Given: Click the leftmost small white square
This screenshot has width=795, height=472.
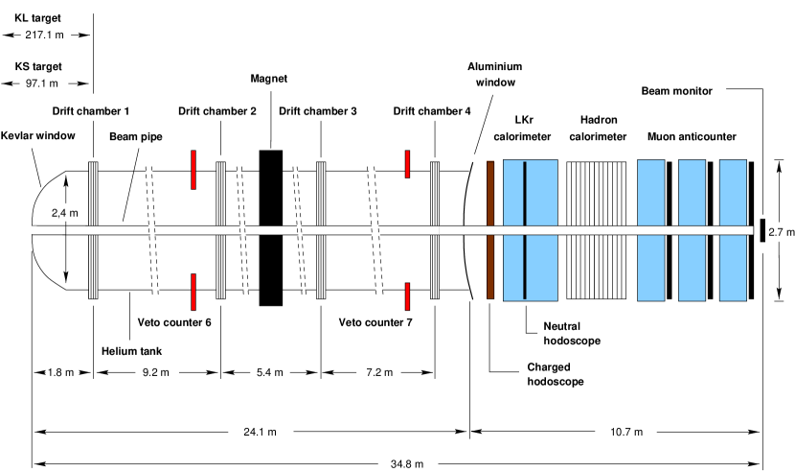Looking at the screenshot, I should click(x=32, y=230).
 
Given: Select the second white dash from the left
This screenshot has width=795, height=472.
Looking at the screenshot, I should click(x=93, y=230).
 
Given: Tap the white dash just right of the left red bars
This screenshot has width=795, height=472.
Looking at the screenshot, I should click(x=220, y=230).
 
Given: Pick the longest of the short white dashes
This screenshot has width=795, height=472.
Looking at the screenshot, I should click(x=271, y=230).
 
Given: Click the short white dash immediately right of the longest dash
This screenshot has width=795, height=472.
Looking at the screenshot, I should click(x=321, y=230).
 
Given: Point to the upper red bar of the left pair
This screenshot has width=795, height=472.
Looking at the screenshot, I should click(x=193, y=170).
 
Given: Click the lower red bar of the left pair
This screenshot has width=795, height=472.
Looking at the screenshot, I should click(x=193, y=292).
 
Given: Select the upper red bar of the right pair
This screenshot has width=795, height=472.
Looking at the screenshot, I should click(x=407, y=164).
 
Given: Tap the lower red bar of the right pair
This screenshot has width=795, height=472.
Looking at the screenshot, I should click(x=407, y=296).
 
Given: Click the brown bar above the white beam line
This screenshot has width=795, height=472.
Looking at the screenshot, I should click(x=490, y=193).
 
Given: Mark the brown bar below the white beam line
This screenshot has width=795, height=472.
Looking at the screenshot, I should click(x=490, y=267).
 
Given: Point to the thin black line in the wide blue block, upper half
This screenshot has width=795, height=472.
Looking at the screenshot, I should click(x=525, y=193).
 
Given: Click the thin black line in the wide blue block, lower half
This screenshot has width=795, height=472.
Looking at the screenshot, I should click(x=525, y=267).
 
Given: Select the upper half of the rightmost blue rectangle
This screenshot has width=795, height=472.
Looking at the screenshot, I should click(x=733, y=193).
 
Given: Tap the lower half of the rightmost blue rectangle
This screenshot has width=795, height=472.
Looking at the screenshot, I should click(x=733, y=268).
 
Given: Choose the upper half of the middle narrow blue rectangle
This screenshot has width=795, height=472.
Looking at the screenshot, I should click(x=692, y=193).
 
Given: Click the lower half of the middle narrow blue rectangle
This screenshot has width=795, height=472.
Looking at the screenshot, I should click(x=692, y=268).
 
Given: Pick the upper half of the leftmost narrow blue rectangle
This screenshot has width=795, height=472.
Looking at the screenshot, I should click(x=651, y=193).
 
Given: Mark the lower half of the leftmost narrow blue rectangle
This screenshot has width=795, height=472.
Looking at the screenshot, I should click(x=651, y=268).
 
